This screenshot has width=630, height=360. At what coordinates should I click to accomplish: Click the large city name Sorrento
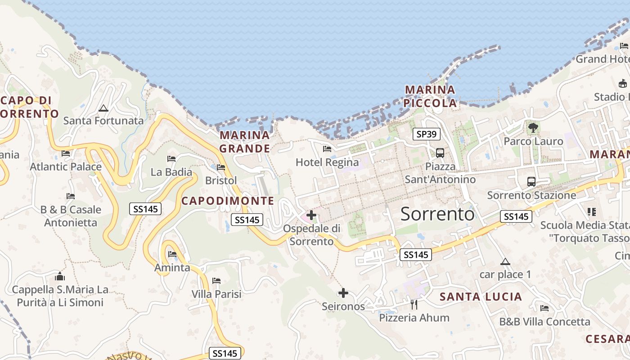pos(437,214)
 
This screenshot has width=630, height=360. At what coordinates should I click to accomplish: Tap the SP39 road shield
pos(427,134)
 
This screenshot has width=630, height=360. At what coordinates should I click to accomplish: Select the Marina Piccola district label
pos(430,96)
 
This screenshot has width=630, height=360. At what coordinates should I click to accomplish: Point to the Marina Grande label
pos(245,142)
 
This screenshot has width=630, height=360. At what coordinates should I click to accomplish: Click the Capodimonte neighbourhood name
pos(228,201)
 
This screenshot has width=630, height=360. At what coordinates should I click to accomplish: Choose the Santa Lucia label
pos(481,297)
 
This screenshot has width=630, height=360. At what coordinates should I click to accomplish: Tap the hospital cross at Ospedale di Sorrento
pos(311,215)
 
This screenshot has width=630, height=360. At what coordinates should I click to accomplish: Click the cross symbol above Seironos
pos(343,293)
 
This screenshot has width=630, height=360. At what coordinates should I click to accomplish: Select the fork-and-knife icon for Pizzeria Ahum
pos(414,305)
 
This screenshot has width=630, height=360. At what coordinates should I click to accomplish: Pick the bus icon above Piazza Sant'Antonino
pos(440,153)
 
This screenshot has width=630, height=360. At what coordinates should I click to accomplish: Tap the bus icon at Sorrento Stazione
pos(531,182)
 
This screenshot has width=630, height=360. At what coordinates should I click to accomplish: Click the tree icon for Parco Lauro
pos(533,128)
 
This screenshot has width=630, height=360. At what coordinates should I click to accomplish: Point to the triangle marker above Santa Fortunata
pos(103,108)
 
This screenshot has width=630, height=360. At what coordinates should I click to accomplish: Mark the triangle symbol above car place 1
pos(505,261)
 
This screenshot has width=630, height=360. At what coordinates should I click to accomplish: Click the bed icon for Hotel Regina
pos(327,148)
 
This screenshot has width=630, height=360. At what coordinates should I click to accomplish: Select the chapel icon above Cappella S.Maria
pos(60,276)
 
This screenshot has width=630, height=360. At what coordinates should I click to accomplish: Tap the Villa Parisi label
pos(216,294)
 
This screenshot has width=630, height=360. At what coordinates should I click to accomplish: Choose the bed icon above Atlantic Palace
pos(66,153)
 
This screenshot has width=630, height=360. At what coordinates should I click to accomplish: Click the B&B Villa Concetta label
pos(544,322)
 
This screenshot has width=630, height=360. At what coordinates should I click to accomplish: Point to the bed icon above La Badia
pos(171,158)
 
